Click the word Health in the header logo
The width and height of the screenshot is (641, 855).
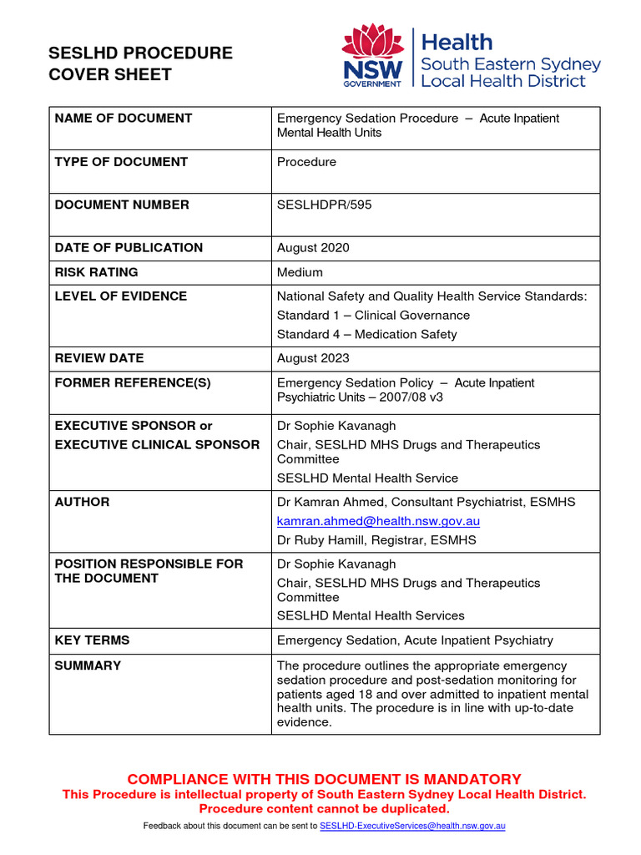[457, 43]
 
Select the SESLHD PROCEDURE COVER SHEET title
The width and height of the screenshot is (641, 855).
[140, 63]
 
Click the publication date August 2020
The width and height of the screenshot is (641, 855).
[313, 248]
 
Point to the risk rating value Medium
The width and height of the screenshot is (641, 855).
[300, 272]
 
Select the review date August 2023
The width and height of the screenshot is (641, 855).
[313, 358]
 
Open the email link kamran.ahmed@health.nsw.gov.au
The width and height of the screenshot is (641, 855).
[378, 521]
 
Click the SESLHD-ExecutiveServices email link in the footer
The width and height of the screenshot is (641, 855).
[412, 826]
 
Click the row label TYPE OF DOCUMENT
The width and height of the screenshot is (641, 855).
[121, 162]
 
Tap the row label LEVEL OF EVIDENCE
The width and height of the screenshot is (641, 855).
[120, 296]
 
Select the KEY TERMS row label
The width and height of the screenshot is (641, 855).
[92, 640]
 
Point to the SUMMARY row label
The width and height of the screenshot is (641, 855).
[88, 665]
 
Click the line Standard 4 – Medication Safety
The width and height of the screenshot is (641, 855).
[366, 335]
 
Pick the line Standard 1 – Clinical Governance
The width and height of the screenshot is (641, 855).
[373, 316]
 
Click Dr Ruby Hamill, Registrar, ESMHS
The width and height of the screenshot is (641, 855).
[376, 540]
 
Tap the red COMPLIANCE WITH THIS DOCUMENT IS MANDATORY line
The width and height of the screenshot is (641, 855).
[324, 779]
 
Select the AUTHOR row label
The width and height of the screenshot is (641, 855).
[82, 502]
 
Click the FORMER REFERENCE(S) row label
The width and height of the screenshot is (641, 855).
[133, 383]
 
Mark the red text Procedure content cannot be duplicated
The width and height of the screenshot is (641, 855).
[324, 808]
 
